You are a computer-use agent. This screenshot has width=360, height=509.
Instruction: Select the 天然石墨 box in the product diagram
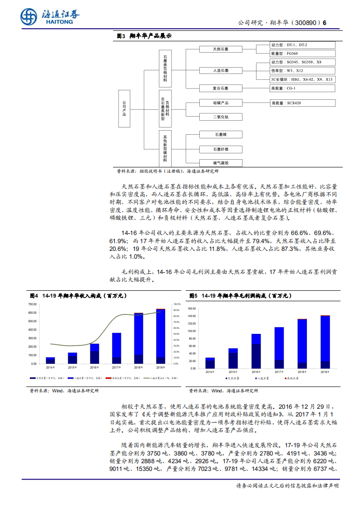click(x=221, y=49)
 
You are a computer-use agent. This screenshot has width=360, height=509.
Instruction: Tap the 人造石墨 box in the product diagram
click(x=221, y=70)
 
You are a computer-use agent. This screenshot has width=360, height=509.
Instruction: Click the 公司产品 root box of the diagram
click(x=124, y=109)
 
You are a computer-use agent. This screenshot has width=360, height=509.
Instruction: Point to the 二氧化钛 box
click(x=221, y=117)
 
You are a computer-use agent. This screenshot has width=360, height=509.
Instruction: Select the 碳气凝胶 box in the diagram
click(x=221, y=162)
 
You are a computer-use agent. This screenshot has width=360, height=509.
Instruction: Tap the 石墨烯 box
click(x=221, y=134)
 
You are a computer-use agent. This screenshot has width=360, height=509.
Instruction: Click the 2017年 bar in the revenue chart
click(x=117, y=348)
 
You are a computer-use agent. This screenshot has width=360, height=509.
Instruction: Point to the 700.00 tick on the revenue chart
click(x=32, y=304)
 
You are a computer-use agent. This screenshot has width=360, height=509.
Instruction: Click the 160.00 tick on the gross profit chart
click(x=191, y=308)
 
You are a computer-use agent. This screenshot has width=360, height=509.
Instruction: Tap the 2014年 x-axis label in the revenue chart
click(x=50, y=367)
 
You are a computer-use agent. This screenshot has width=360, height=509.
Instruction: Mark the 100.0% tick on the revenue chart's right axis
click(x=177, y=304)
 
